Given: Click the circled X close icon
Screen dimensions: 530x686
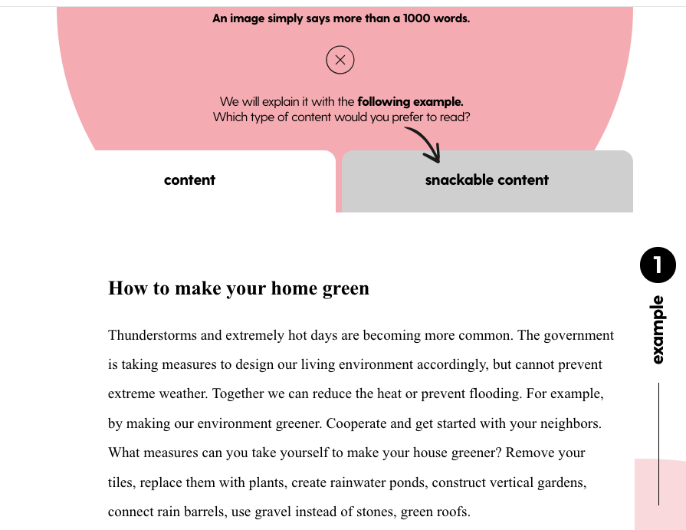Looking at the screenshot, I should pyautogui.click(x=340, y=60).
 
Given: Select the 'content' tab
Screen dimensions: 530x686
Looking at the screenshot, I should pyautogui.click(x=189, y=180).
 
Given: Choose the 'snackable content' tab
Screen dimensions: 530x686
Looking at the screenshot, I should pyautogui.click(x=487, y=180).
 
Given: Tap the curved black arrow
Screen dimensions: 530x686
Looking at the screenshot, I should pyautogui.click(x=424, y=144).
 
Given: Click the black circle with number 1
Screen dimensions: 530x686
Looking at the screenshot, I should pyautogui.click(x=658, y=265).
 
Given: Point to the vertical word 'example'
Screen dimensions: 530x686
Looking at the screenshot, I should pyautogui.click(x=658, y=330).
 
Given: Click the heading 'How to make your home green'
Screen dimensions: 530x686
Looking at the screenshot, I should pyautogui.click(x=238, y=288).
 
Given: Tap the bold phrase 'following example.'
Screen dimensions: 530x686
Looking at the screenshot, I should pyautogui.click(x=410, y=101).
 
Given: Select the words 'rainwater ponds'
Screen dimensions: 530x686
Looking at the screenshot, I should pyautogui.click(x=375, y=482).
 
